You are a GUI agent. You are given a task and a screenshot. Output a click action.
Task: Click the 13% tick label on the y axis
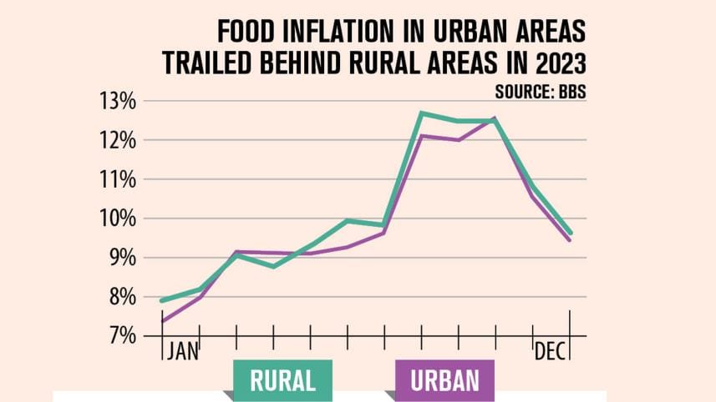point(117,102)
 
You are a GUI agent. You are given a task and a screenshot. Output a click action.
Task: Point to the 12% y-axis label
point(117,141)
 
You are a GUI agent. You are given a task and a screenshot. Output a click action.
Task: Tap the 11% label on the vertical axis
point(117,179)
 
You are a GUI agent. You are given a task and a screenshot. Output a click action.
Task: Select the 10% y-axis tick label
point(117,219)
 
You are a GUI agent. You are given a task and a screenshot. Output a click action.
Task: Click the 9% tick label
point(119,258)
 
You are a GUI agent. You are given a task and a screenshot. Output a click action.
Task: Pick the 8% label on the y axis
point(119,297)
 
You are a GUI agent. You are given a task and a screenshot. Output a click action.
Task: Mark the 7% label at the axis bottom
point(119,336)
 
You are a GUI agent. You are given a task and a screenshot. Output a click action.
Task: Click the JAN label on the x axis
point(182,350)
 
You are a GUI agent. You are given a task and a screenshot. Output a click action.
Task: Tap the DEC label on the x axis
point(551,350)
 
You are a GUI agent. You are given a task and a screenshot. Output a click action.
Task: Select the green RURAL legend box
point(282,380)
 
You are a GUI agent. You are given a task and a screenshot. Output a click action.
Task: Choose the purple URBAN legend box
point(444,380)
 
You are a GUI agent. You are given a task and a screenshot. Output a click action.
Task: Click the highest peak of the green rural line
point(423,113)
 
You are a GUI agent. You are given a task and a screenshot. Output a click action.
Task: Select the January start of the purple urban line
point(162,321)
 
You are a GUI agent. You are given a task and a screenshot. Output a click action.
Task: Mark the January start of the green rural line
point(162,300)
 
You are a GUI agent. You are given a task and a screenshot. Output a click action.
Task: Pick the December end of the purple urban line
point(570,240)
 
